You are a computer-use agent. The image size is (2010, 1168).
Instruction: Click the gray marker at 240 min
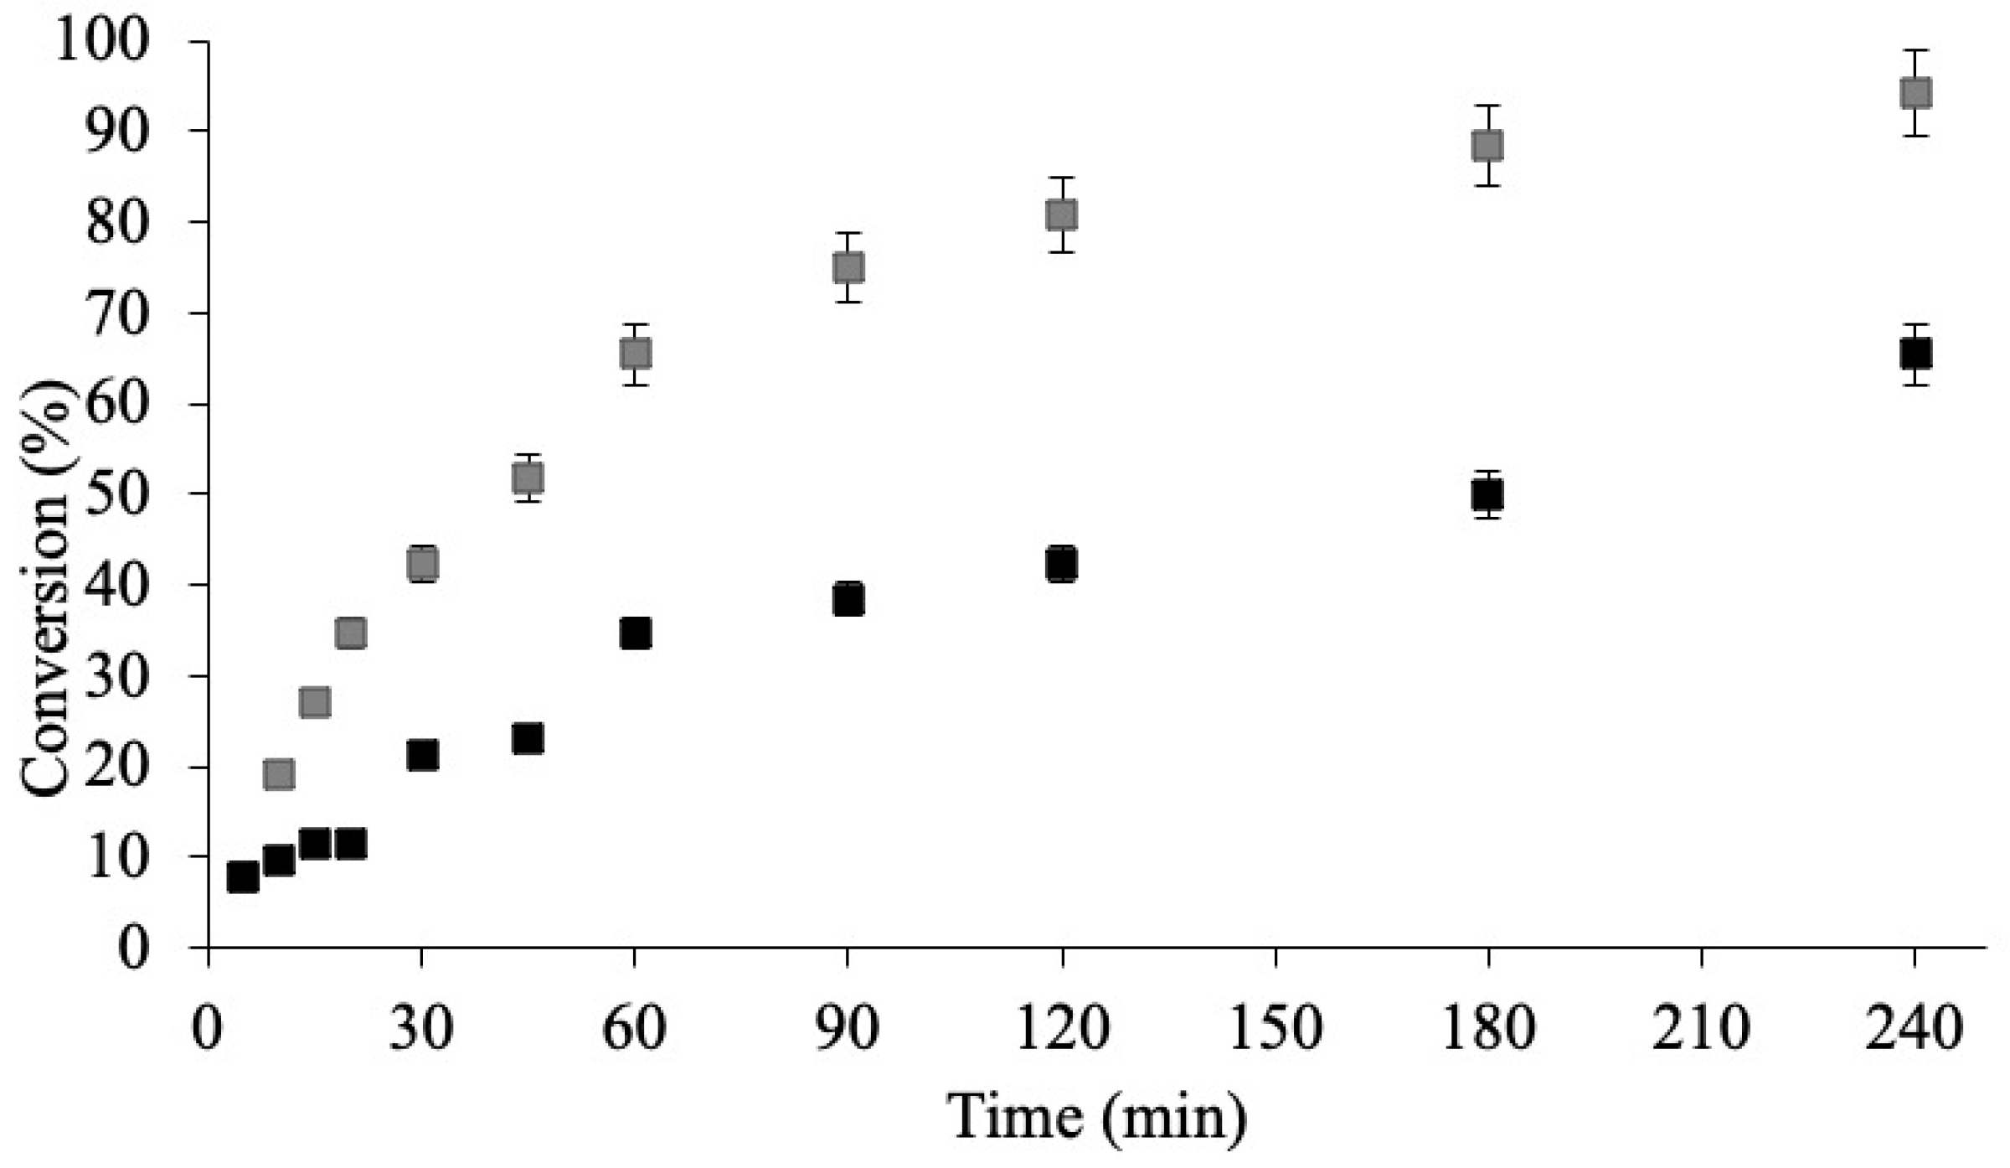1915,93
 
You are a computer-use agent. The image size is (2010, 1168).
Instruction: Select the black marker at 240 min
1915,354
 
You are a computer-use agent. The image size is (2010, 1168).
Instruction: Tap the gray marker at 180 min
1487,146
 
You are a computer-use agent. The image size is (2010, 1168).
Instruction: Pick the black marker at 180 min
1487,495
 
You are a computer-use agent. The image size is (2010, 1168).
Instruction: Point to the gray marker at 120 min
1061,215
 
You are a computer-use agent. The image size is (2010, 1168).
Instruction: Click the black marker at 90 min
848,599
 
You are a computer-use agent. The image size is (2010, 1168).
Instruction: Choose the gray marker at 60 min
636,354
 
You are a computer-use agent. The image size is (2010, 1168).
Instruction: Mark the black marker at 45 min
528,739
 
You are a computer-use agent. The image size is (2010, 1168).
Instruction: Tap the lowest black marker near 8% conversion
243,877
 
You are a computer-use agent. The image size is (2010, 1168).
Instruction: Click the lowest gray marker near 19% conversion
279,774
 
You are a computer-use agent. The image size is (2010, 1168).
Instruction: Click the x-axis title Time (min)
1097,1118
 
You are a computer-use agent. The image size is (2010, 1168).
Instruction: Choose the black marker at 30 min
422,756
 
